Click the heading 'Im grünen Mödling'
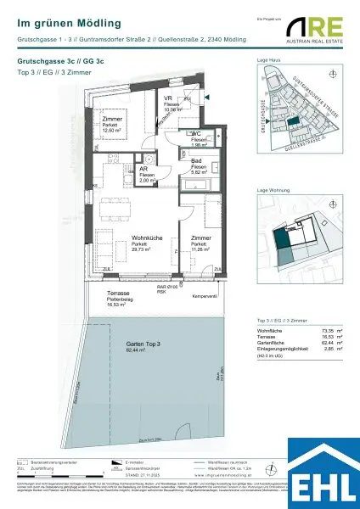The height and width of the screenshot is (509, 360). point(69,24)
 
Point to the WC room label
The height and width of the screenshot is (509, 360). point(196,133)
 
